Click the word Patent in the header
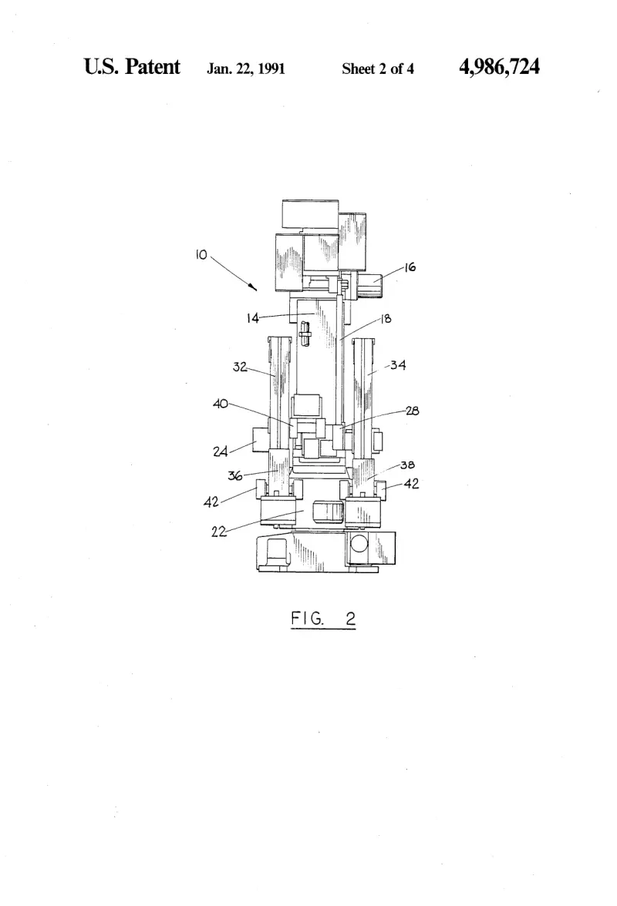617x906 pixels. click(x=153, y=67)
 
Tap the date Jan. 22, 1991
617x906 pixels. click(x=246, y=69)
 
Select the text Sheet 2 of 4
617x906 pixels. click(x=378, y=69)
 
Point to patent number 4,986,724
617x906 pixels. click(x=499, y=67)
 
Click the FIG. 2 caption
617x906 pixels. click(x=322, y=619)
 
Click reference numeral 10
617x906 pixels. click(x=201, y=255)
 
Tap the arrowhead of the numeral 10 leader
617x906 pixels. click(x=253, y=287)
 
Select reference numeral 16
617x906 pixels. click(x=410, y=267)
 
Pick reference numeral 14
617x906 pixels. click(x=253, y=318)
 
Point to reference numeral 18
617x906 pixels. click(x=386, y=318)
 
